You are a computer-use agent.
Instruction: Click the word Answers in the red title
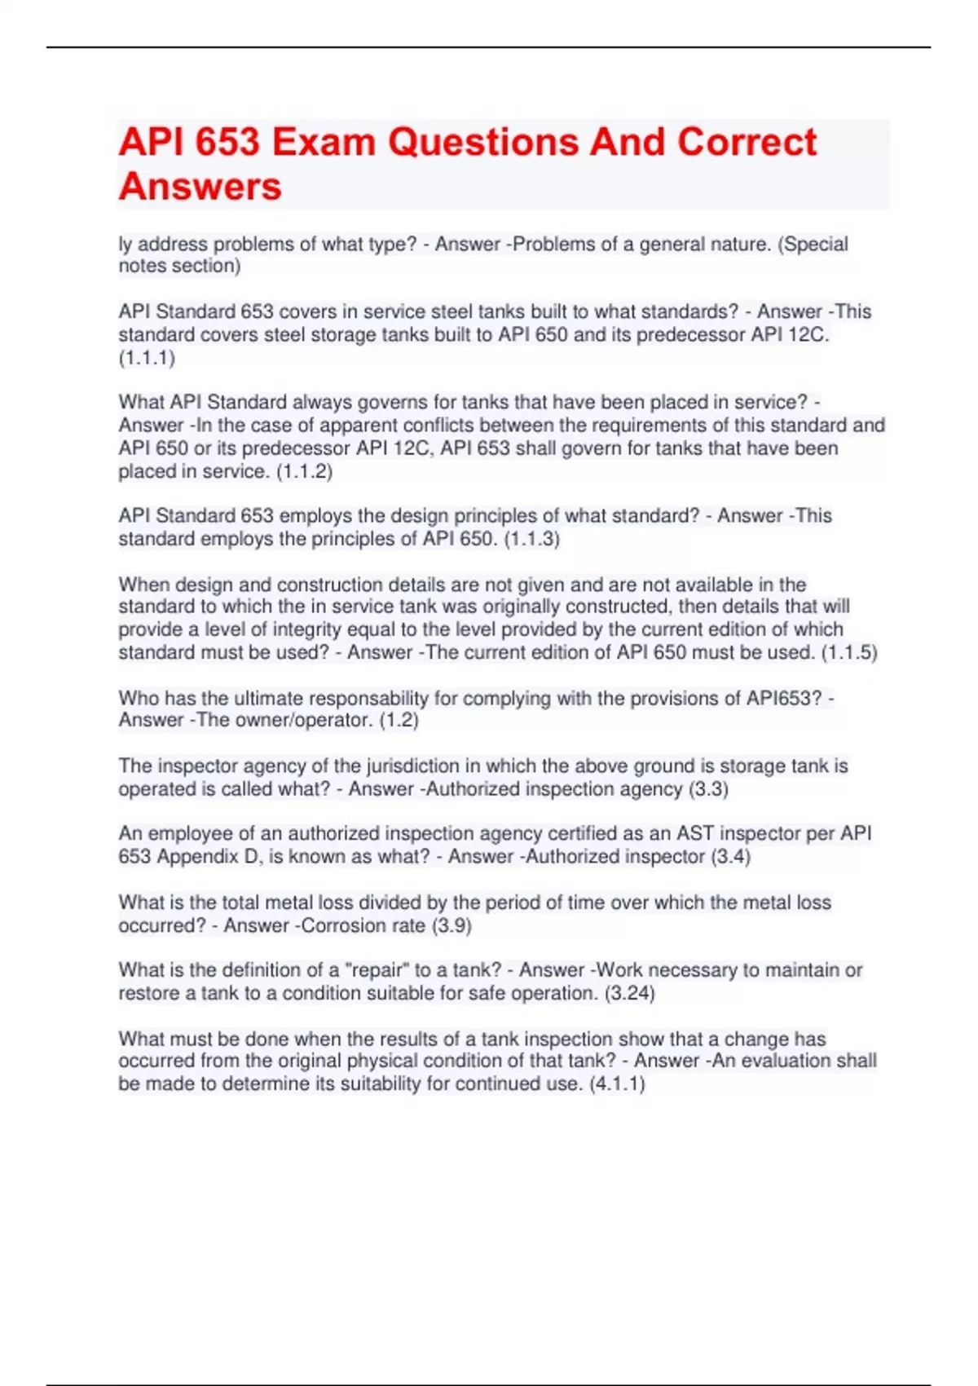(x=200, y=187)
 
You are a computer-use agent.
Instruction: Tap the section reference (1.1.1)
(x=147, y=358)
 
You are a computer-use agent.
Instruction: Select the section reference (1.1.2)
(x=304, y=471)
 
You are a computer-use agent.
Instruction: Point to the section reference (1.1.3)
(x=531, y=539)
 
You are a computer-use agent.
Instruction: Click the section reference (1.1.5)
(x=848, y=652)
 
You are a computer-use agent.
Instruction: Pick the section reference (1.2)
(x=399, y=720)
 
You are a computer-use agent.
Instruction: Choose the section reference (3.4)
(x=730, y=857)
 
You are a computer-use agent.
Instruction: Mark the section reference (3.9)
(x=452, y=925)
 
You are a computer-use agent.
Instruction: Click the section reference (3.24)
(x=629, y=993)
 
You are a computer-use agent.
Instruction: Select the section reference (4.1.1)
(x=617, y=1084)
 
